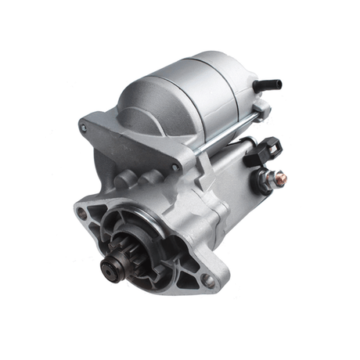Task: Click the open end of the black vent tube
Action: [x=279, y=84]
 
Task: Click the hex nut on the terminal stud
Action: [x=269, y=178]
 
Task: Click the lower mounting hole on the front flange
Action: [x=206, y=279]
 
